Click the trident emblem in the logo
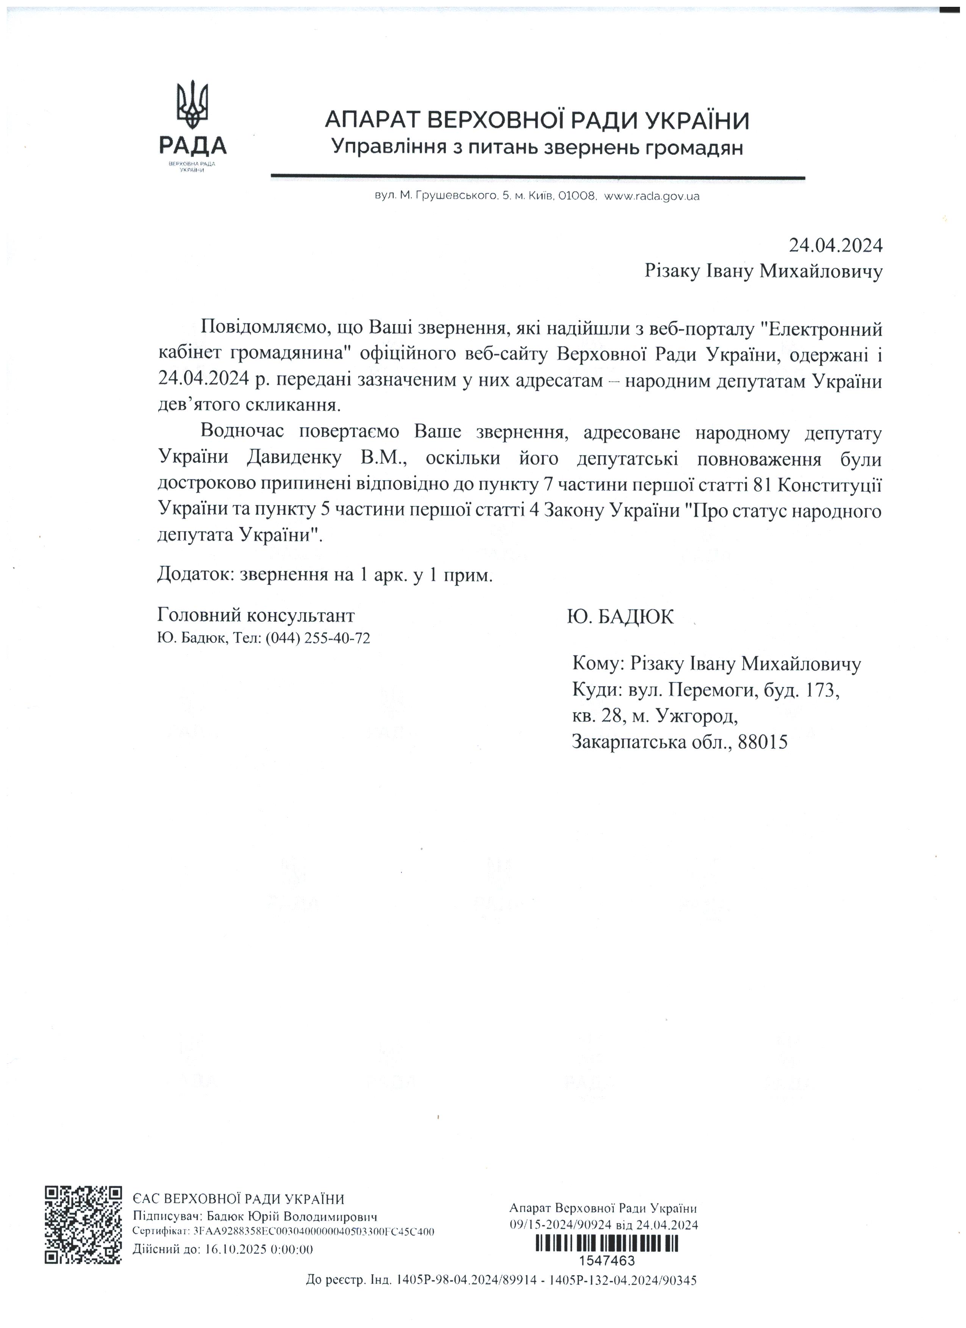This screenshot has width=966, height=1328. [193, 105]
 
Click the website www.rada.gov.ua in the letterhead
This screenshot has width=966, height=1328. [652, 197]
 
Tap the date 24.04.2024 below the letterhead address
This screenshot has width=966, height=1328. [835, 245]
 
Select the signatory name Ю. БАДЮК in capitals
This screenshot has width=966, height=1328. [621, 617]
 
